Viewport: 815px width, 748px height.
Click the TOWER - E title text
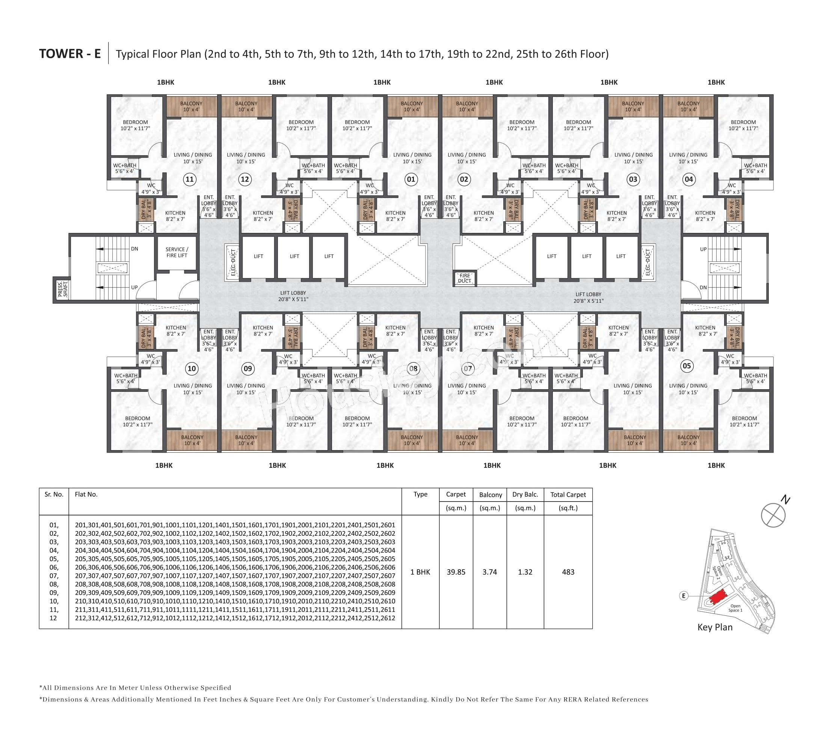click(x=70, y=54)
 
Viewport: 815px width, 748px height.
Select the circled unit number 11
click(x=189, y=179)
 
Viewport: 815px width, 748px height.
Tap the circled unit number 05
click(x=687, y=366)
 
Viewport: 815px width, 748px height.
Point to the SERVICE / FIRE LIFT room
click(x=177, y=252)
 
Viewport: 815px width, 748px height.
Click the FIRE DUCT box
click(x=465, y=278)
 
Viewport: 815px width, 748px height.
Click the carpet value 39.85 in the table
click(x=456, y=572)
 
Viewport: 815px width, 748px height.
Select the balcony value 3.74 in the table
click(x=490, y=572)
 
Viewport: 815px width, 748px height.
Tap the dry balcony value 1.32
click(x=525, y=572)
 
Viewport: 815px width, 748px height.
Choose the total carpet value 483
click(x=568, y=572)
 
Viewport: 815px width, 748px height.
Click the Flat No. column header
click(x=86, y=494)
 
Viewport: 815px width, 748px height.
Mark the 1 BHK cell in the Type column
click(x=420, y=572)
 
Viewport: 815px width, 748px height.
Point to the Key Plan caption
click(x=715, y=627)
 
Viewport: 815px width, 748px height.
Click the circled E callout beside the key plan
click(x=684, y=596)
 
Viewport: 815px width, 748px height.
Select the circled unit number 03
click(x=633, y=179)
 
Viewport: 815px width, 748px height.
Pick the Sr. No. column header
click(x=54, y=494)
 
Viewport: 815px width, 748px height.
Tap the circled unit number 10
click(x=192, y=368)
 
